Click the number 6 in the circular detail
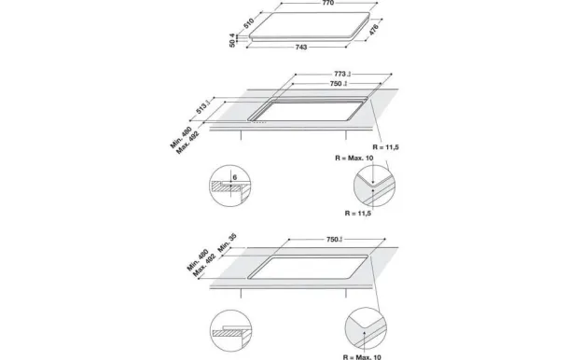click(236, 176)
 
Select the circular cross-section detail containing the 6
click(229, 187)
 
